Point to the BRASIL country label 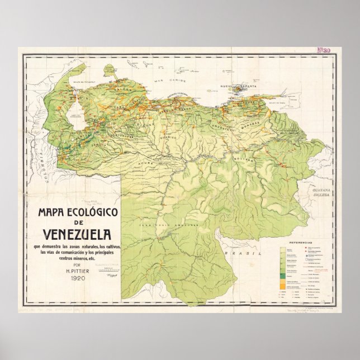pos(233,253)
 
